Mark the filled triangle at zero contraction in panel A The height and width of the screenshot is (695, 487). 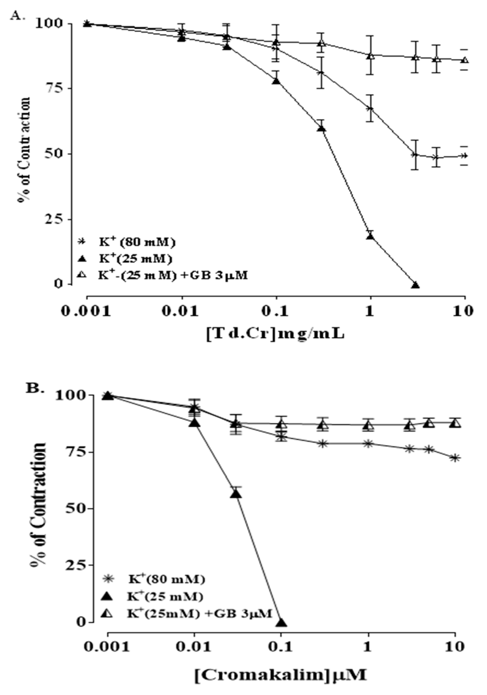coord(415,285)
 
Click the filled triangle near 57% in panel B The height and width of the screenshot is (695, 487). coord(237,494)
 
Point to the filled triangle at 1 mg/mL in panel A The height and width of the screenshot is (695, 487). coord(370,236)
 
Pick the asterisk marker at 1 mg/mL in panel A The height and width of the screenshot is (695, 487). coord(370,108)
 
